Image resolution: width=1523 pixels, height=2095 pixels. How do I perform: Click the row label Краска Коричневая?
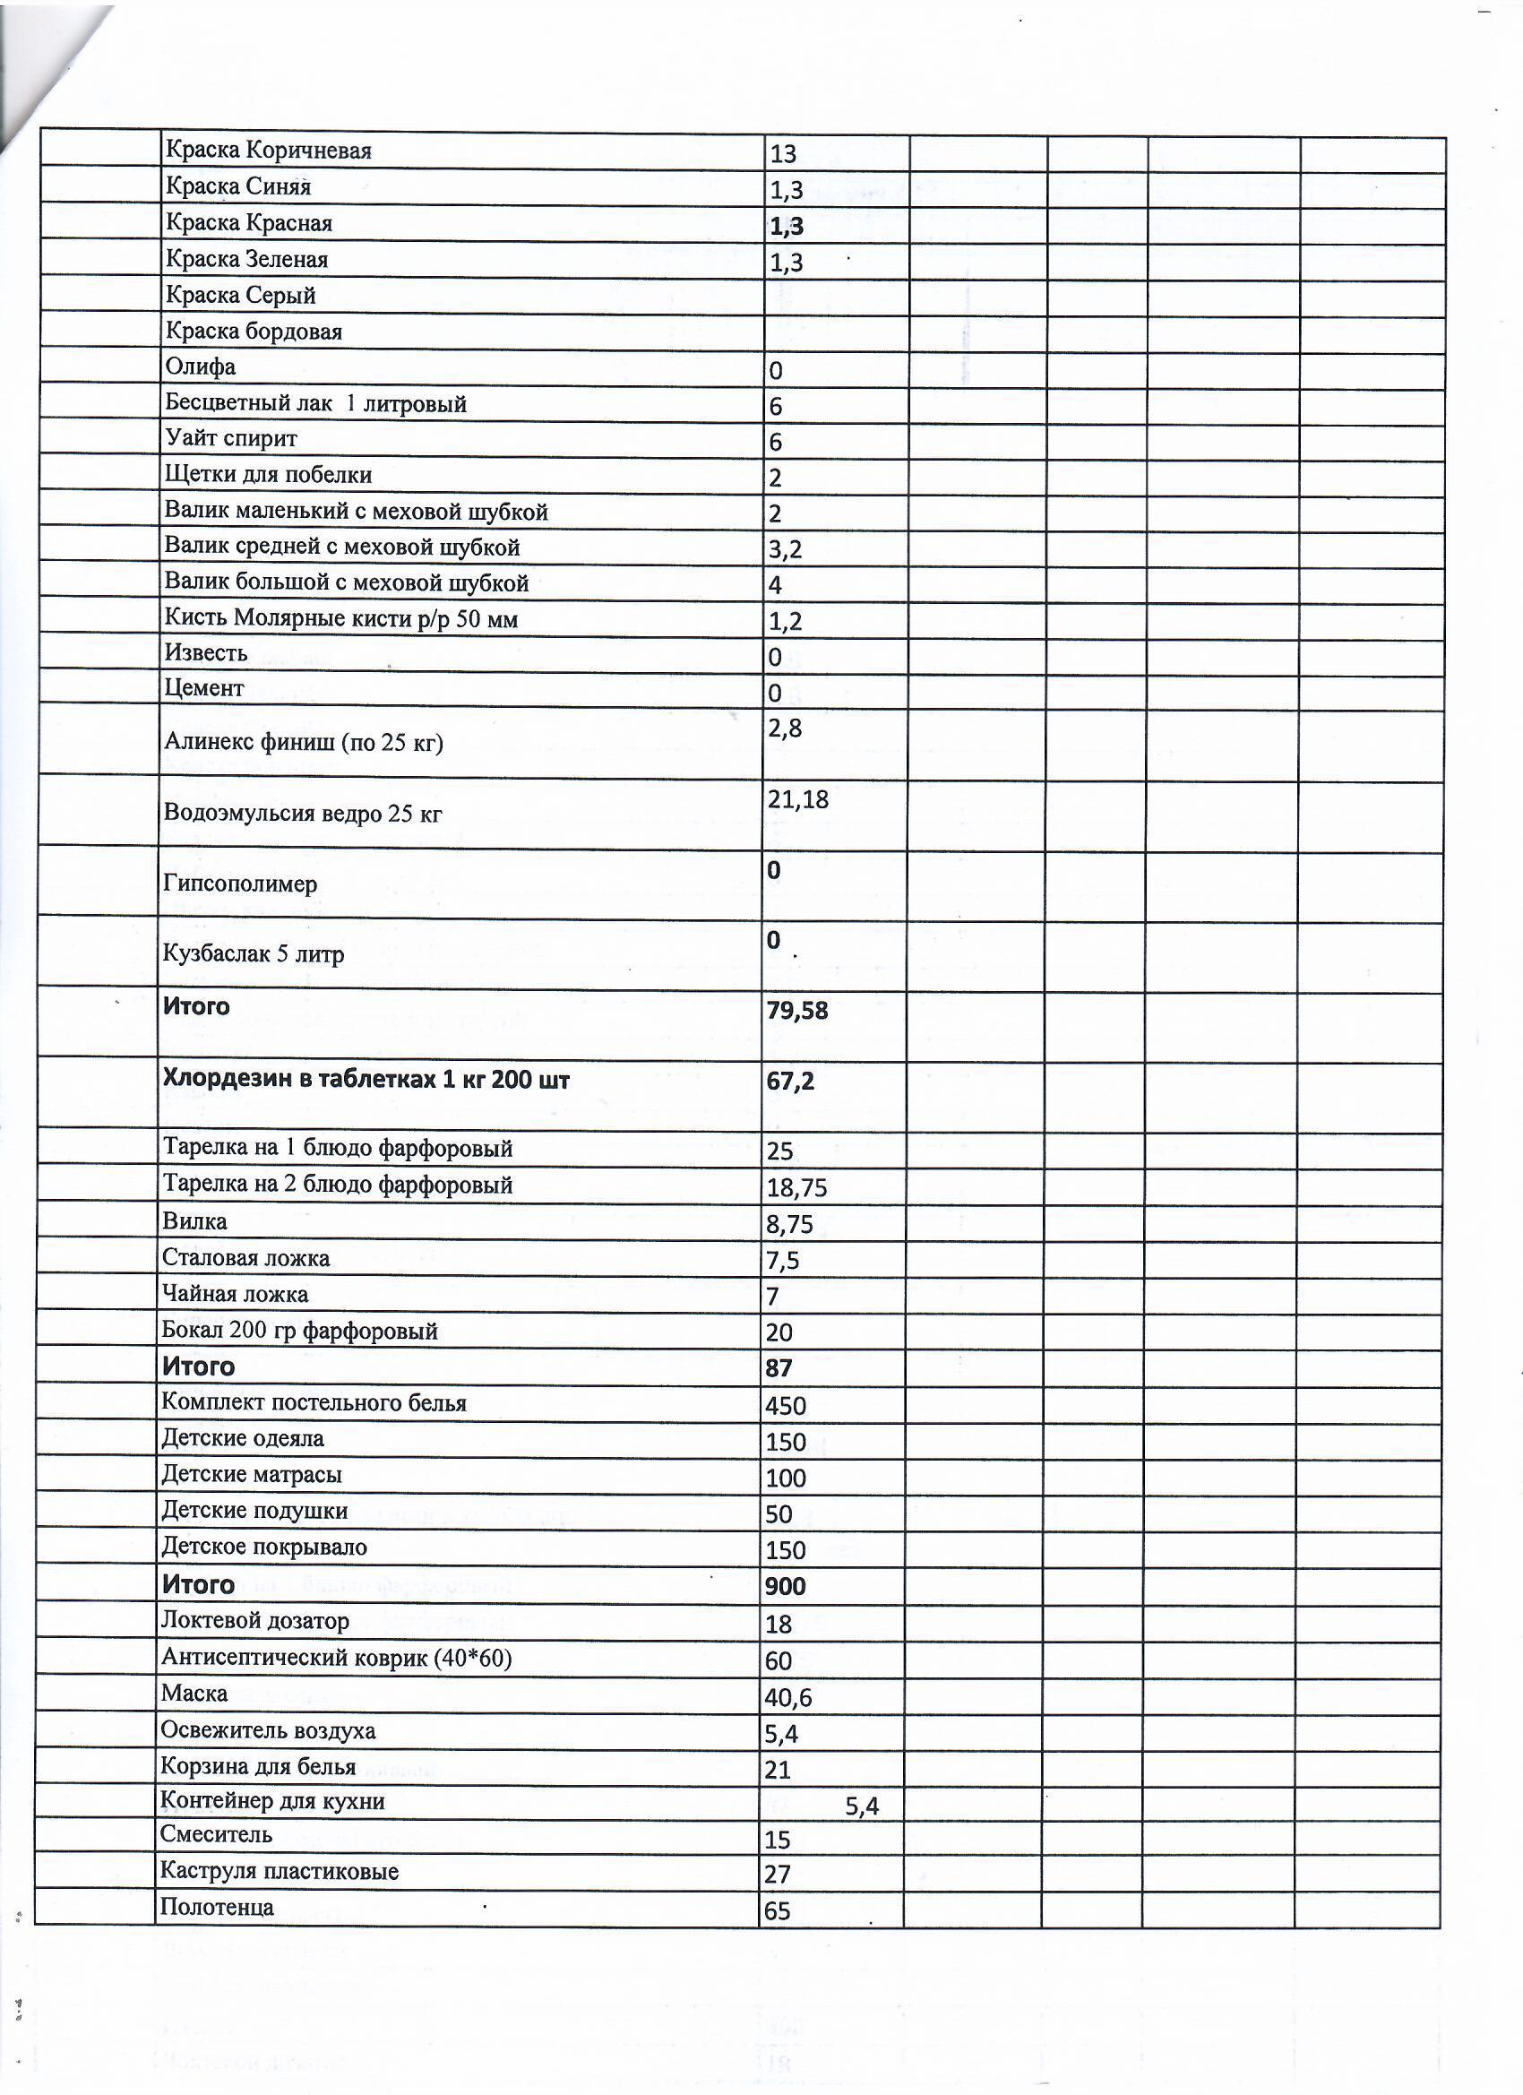[x=268, y=151]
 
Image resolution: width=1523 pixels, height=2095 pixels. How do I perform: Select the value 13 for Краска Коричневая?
[x=782, y=154]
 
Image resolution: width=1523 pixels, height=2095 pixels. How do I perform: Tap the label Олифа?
[x=200, y=366]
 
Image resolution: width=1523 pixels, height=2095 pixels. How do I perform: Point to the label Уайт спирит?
[x=231, y=438]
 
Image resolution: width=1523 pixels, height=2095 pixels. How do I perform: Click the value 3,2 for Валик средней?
[x=784, y=549]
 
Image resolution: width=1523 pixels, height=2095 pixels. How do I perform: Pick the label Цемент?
[x=203, y=688]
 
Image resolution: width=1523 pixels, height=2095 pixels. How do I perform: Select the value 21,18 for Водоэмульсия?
[x=797, y=800]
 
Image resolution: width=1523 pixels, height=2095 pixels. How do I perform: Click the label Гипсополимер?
[x=239, y=884]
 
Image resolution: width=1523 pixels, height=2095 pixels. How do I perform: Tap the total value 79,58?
[x=796, y=1011]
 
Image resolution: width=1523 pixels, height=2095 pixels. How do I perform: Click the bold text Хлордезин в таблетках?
[x=366, y=1079]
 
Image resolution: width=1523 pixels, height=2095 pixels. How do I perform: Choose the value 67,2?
[x=789, y=1081]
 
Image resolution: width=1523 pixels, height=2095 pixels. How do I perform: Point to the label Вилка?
[x=194, y=1221]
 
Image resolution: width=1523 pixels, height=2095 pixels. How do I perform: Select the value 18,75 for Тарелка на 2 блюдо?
[x=796, y=1188]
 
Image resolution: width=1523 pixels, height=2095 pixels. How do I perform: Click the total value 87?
[x=778, y=1368]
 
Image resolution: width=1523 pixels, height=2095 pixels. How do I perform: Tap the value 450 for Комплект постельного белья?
[x=785, y=1406]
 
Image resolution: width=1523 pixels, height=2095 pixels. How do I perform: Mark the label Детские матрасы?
[x=251, y=1474]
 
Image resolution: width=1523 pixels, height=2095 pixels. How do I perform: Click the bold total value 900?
[x=785, y=1586]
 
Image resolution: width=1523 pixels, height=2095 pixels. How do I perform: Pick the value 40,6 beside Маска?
[x=787, y=1698]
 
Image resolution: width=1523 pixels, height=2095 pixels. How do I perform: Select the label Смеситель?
[x=215, y=1833]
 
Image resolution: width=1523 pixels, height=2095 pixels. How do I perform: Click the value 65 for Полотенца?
[x=777, y=1911]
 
